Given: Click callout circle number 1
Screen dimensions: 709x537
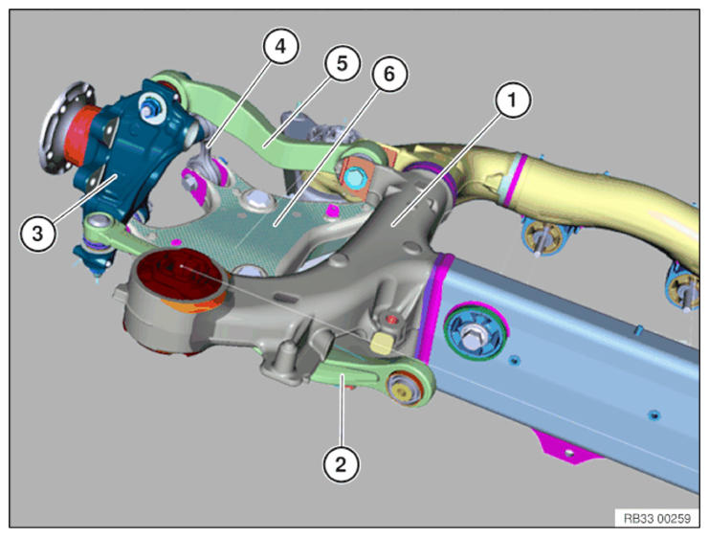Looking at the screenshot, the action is click(x=512, y=100).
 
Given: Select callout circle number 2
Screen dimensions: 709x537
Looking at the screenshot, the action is click(x=341, y=464).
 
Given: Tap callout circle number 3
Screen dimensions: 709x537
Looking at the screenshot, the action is click(x=37, y=234).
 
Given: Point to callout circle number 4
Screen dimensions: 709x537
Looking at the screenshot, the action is click(x=280, y=46).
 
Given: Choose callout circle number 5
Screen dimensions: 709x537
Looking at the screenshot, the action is click(x=342, y=63).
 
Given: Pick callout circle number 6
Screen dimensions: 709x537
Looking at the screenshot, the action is click(x=388, y=74).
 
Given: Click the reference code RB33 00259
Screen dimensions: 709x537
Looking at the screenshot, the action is click(x=657, y=518).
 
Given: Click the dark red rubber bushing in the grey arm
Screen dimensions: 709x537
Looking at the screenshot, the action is click(x=181, y=275).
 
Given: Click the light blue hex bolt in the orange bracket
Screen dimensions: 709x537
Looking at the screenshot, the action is click(x=353, y=177).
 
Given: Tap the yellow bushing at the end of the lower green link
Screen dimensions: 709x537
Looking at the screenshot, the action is click(x=404, y=388).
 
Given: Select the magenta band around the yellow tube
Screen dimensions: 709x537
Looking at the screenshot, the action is click(x=516, y=180).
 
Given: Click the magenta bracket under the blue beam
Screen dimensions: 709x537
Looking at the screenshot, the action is click(x=567, y=448).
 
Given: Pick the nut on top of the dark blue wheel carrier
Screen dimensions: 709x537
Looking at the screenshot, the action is click(x=149, y=107).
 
